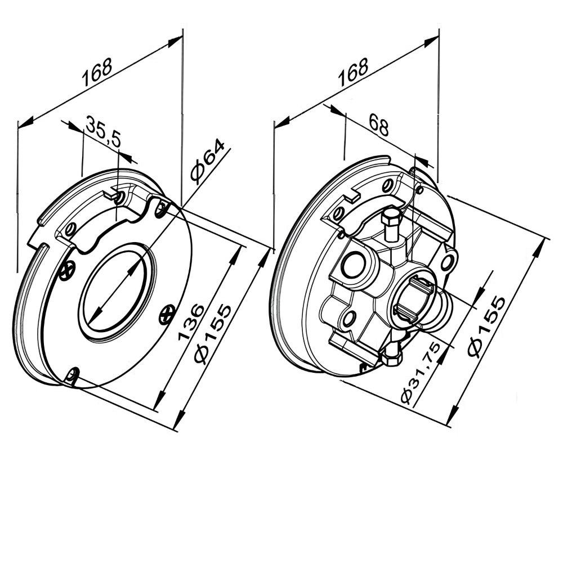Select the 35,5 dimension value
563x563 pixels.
pyautogui.click(x=104, y=131)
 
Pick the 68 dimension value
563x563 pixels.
pyautogui.click(x=379, y=126)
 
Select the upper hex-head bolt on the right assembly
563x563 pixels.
pyautogui.click(x=391, y=221)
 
